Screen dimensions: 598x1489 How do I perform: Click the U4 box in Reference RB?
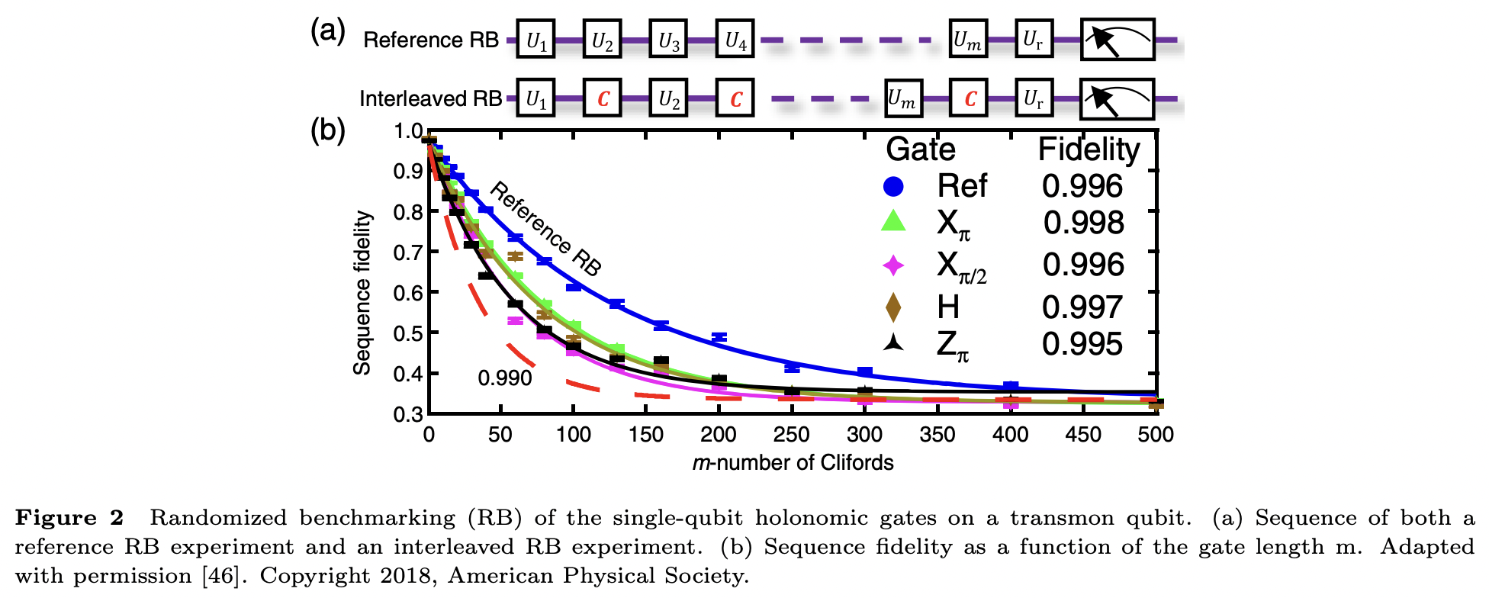point(735,40)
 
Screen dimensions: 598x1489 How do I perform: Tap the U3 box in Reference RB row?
point(669,40)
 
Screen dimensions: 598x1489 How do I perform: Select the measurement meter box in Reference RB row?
point(1118,40)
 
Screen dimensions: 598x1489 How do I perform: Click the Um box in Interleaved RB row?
point(903,99)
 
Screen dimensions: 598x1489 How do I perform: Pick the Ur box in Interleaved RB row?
point(1034,99)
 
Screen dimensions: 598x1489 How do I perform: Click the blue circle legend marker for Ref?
point(893,186)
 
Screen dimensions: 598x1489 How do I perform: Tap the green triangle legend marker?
point(893,222)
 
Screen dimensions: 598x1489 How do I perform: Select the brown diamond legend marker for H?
point(893,307)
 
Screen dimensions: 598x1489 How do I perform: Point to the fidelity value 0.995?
point(1082,344)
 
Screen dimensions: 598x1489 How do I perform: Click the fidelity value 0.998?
point(1083,223)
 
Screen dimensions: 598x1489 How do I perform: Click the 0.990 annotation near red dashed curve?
point(504,378)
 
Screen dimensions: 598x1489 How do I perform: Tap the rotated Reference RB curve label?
point(545,228)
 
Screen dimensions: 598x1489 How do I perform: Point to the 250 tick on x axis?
point(791,435)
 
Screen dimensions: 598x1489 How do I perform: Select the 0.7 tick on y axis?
point(408,252)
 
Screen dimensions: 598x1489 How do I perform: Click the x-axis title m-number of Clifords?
point(793,463)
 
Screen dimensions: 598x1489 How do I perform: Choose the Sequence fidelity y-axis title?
point(362,293)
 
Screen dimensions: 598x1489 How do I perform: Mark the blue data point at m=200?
point(719,337)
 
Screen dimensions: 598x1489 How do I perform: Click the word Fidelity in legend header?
point(1089,149)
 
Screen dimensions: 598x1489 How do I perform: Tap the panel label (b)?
point(327,130)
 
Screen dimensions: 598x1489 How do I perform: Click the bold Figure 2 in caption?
point(69,518)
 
